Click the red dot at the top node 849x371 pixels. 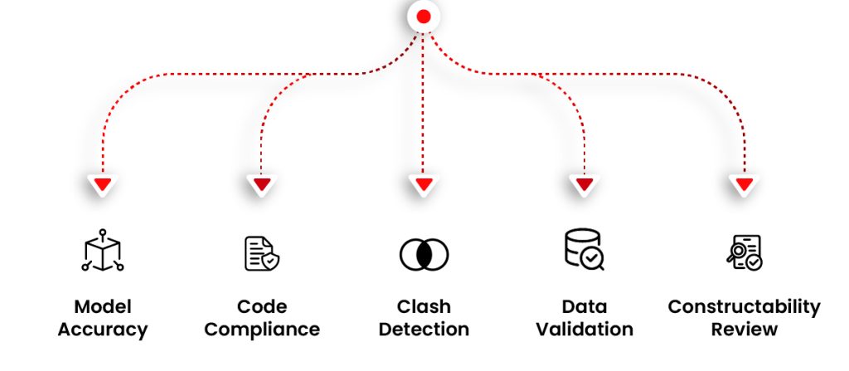(x=424, y=16)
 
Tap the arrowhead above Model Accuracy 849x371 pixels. (x=102, y=183)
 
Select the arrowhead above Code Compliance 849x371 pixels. (x=261, y=183)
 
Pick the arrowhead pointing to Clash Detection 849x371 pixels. (x=424, y=183)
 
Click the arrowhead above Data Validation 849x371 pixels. (x=584, y=183)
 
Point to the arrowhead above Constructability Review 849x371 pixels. (x=744, y=183)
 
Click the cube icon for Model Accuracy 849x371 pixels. (x=102, y=251)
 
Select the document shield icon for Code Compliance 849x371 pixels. (x=261, y=253)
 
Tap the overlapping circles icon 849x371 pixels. (x=424, y=253)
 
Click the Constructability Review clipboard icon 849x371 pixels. (x=744, y=253)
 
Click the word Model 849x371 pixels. (x=103, y=307)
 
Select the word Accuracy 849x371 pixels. (x=103, y=330)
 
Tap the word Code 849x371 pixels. (x=262, y=307)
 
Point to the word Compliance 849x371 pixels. (x=262, y=330)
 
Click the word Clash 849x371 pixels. (x=424, y=307)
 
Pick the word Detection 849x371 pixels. (x=424, y=330)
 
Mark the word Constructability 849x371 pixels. (x=744, y=307)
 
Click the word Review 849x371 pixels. (x=744, y=330)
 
